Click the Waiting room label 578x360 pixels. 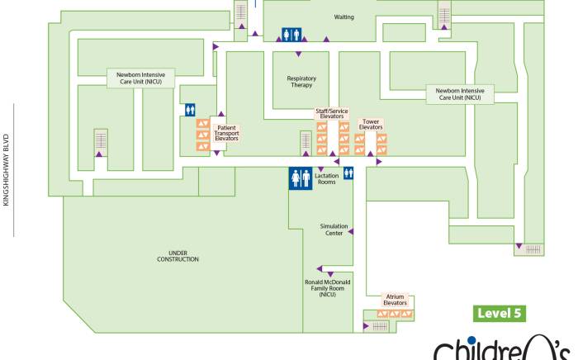pyautogui.click(x=343, y=17)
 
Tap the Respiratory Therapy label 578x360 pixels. pyautogui.click(x=301, y=81)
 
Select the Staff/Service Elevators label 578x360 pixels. pyautogui.click(x=331, y=114)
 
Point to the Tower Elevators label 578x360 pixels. pyautogui.click(x=371, y=125)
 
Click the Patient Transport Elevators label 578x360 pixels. pyautogui.click(x=226, y=133)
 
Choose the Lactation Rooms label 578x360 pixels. pyautogui.click(x=327, y=178)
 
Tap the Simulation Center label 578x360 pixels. pyautogui.click(x=334, y=230)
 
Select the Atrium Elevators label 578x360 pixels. pyautogui.click(x=395, y=300)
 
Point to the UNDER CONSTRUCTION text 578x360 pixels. pyautogui.click(x=178, y=256)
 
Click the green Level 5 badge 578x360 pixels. pyautogui.click(x=500, y=314)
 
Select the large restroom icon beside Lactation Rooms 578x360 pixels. pyautogui.click(x=299, y=178)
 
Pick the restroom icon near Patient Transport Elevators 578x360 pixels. pyautogui.click(x=190, y=109)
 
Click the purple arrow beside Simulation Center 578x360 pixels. pyautogui.click(x=351, y=232)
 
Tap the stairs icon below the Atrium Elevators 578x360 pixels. pyautogui.click(x=379, y=326)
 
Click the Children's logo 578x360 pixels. pyautogui.click(x=504, y=347)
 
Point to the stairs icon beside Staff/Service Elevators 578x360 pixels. pyautogui.click(x=305, y=142)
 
